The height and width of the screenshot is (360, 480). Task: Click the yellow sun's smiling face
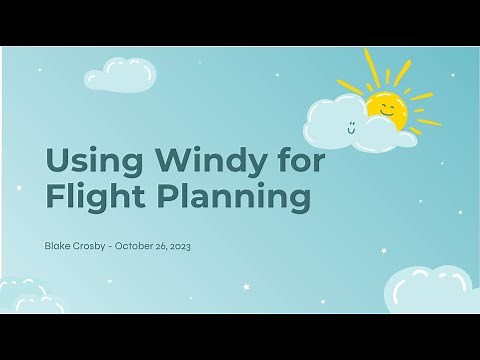click(x=386, y=107)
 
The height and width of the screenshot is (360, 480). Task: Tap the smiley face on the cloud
click(x=352, y=126)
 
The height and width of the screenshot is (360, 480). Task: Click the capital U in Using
click(x=58, y=159)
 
